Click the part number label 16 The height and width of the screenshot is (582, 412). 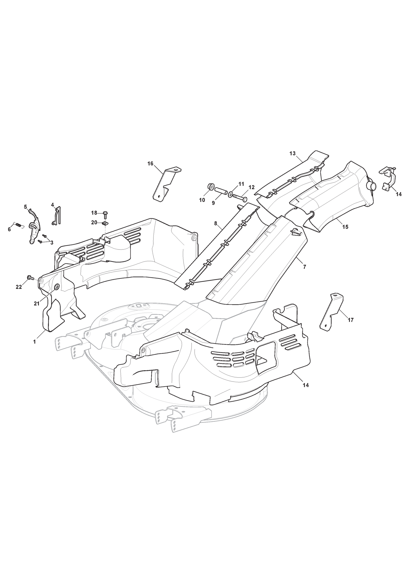[150, 164]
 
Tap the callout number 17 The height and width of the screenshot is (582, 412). [350, 320]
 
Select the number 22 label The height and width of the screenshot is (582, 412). [19, 287]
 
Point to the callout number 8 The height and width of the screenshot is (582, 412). [216, 223]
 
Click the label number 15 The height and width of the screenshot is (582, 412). [345, 227]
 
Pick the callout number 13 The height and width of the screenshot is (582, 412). [292, 154]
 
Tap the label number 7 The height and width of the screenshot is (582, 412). [305, 267]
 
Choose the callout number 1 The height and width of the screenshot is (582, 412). [35, 342]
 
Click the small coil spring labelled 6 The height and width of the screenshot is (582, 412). [18, 225]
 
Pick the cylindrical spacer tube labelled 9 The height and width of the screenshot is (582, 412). [220, 192]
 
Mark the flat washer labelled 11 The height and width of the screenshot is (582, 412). [230, 193]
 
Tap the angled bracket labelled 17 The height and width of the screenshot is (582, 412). [331, 312]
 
